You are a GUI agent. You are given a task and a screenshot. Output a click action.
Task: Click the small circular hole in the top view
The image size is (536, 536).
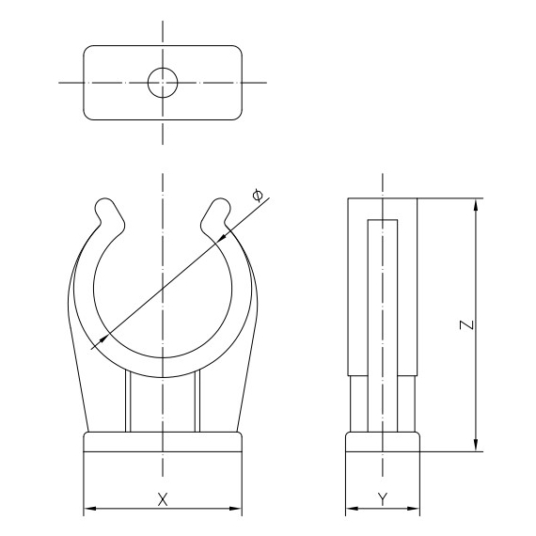pos(163,83)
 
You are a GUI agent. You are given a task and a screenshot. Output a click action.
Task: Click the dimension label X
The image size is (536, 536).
pos(163,497)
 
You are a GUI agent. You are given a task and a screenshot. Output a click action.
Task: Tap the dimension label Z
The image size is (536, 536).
pos(465,325)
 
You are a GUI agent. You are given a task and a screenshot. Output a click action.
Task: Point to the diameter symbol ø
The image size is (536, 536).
pos(259,195)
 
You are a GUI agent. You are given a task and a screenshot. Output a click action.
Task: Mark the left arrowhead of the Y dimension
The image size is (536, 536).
pos(351,511)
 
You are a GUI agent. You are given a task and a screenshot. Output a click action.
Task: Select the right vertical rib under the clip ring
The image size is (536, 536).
pos(198,400)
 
